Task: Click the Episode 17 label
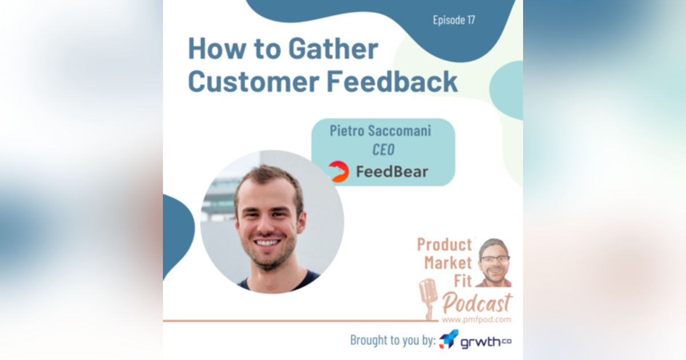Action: tap(453, 21)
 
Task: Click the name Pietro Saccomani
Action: tap(380, 130)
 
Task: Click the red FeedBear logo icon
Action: tap(338, 171)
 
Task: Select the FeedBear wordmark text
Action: tap(392, 171)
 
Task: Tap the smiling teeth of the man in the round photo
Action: tap(269, 243)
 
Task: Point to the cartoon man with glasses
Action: tap(494, 263)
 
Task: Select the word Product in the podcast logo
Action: tap(444, 245)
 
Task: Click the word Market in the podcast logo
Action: tap(448, 263)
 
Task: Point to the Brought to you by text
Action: tap(393, 341)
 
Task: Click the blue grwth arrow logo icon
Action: tap(449, 339)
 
